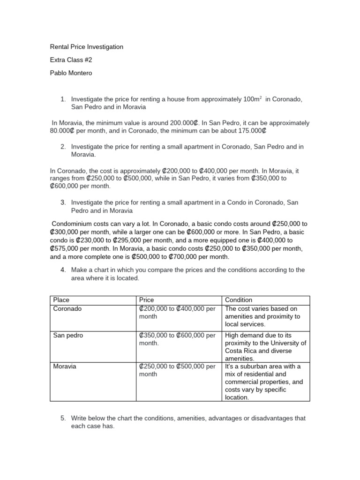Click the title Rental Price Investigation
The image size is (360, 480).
[x=87, y=47]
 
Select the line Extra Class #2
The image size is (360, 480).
[x=70, y=60]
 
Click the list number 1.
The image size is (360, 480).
[x=63, y=99]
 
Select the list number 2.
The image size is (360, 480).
[x=63, y=147]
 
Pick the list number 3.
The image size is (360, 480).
[x=63, y=202]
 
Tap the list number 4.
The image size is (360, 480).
[x=63, y=270]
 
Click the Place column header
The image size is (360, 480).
[x=61, y=300]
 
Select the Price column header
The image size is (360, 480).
[x=147, y=300]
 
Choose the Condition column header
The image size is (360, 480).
[x=239, y=300]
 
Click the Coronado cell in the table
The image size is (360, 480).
[x=67, y=309]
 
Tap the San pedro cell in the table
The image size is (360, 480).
[x=68, y=336]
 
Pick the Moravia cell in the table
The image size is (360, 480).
[x=65, y=367]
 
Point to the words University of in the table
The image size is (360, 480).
[x=289, y=343]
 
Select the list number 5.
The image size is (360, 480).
[x=63, y=418]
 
